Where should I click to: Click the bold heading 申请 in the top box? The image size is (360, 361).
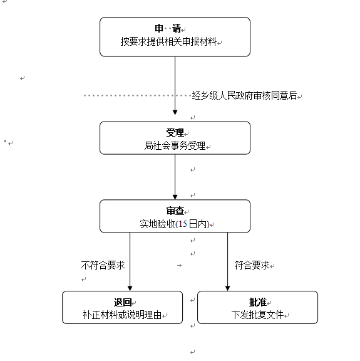(168, 28)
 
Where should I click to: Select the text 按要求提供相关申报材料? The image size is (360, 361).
(168, 41)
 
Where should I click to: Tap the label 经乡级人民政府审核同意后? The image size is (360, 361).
(244, 95)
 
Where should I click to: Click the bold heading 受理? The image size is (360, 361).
(175, 132)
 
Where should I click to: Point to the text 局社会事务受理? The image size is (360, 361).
(175, 145)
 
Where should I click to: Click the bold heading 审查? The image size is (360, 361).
(175, 211)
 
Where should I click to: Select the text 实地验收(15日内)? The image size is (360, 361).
(175, 224)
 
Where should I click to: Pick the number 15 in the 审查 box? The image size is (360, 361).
(183, 224)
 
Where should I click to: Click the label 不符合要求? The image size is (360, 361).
(103, 265)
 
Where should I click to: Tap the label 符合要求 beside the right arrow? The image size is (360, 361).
(252, 265)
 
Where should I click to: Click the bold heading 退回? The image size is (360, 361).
(123, 302)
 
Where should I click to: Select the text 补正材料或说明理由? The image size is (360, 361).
(122, 315)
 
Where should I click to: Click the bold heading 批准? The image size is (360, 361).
(258, 302)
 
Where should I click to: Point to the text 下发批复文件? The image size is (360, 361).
(257, 315)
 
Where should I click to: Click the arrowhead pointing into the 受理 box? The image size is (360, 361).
(175, 112)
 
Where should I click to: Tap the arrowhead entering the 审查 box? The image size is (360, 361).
(175, 197)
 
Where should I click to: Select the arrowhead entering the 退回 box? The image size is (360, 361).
(130, 288)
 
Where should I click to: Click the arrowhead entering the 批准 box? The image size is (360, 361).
(227, 288)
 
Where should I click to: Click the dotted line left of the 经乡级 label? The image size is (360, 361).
(137, 95)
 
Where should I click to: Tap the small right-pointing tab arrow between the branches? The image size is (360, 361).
(180, 266)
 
